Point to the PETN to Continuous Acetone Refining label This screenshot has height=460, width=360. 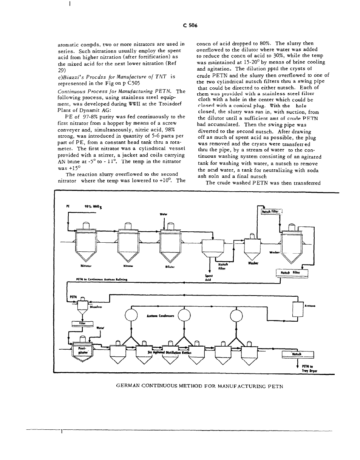(x=102, y=280)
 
